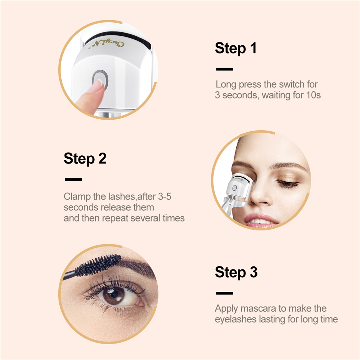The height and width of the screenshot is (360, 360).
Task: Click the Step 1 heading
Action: [x=236, y=48]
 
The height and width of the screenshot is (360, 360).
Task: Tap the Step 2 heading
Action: [x=85, y=159]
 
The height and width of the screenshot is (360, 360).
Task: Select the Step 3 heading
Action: [x=236, y=272]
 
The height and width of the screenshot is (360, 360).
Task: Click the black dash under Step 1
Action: [x=225, y=69]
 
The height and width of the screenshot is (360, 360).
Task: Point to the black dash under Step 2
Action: [x=73, y=179]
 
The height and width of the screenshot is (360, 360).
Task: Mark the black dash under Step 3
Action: [x=225, y=293]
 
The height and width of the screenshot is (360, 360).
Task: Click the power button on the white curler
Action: [x=100, y=80]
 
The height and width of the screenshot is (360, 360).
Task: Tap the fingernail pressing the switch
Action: [x=98, y=84]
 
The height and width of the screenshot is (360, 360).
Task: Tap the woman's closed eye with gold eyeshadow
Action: [x=287, y=184]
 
